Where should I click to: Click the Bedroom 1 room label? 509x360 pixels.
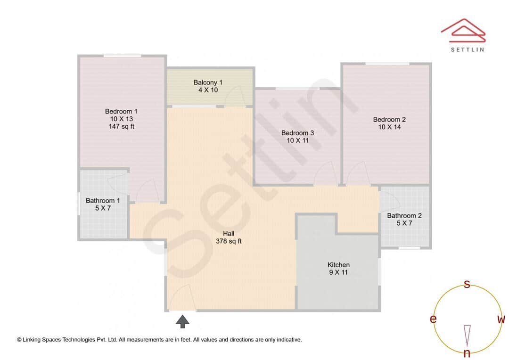[121, 111]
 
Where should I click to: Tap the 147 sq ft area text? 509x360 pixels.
[121, 126]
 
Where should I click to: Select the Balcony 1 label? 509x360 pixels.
[208, 82]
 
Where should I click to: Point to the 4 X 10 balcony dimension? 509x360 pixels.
[208, 90]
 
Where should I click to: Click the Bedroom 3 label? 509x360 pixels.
[297, 133]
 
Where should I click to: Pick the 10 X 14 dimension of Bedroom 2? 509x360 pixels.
[389, 127]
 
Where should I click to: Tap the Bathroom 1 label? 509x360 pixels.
[103, 200]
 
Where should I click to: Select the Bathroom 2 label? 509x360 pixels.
[404, 216]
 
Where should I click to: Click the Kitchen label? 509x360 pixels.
[338, 265]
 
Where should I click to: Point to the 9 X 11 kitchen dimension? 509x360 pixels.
[338, 272]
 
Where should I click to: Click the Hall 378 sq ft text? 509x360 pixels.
[229, 237]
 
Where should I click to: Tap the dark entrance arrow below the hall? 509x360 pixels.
[183, 321]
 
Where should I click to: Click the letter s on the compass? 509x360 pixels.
[467, 284]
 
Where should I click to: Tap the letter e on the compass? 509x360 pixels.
[433, 319]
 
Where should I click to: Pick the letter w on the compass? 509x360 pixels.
[501, 319]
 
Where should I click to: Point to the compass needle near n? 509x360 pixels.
[467, 335]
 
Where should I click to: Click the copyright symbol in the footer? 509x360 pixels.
[19, 339]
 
